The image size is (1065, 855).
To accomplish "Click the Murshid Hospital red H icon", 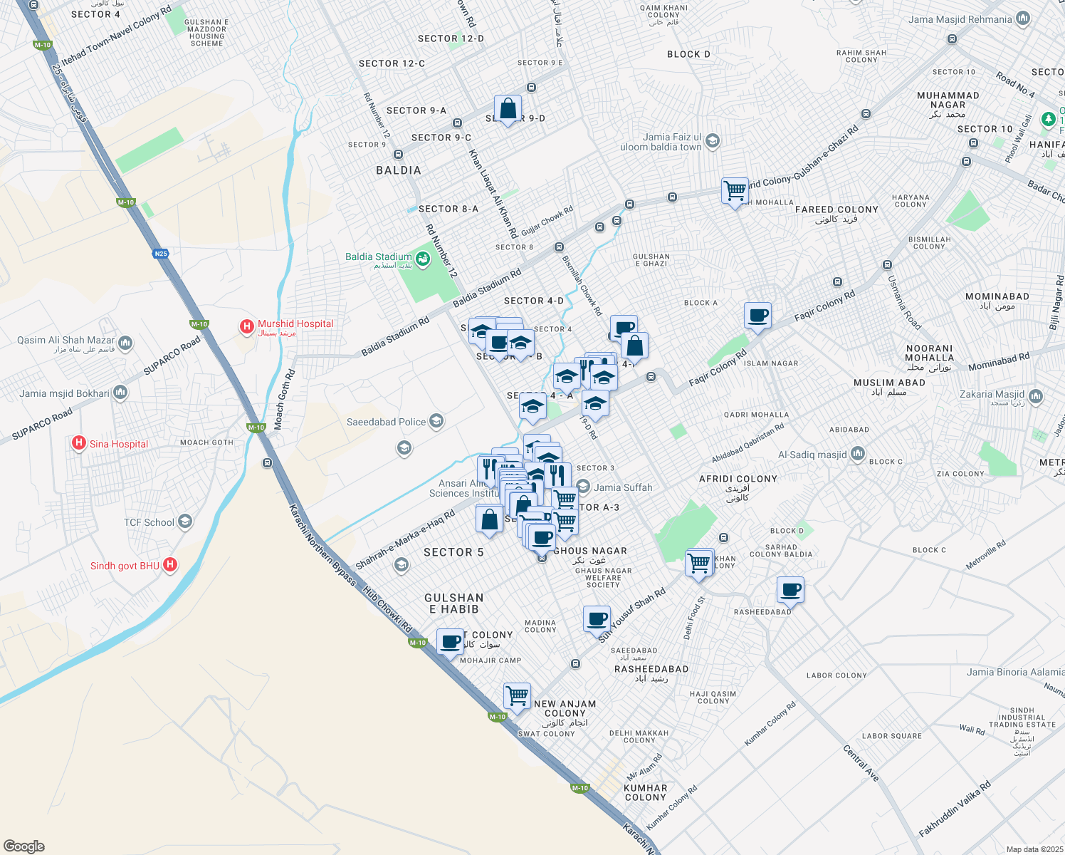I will click(247, 327).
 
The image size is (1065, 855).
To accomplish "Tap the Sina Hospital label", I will click(119, 444).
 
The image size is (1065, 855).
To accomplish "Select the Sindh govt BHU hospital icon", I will click(169, 566).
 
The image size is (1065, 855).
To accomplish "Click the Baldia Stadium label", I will click(378, 257).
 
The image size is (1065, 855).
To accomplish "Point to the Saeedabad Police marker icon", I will click(436, 422).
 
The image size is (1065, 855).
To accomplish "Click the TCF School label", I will click(149, 522).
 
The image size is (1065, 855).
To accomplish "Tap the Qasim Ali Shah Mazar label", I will click(65, 341).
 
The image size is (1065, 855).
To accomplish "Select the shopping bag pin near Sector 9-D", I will click(508, 110).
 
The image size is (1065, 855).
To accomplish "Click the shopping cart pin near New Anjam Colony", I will click(517, 695).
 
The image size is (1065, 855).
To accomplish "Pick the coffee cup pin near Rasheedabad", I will click(790, 590).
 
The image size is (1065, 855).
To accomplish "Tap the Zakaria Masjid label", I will click(992, 394).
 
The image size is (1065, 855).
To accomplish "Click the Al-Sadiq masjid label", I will click(812, 455).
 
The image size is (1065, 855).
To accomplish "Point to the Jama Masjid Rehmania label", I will click(960, 19).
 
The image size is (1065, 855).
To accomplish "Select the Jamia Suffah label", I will click(623, 487).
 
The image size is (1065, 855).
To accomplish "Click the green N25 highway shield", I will click(161, 253).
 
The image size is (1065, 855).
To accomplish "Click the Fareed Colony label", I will click(836, 210).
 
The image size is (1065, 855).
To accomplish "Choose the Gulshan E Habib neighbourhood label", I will click(453, 603).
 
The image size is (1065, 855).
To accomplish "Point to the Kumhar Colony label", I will click(646, 792).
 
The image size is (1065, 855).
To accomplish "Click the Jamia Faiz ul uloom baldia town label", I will click(662, 142).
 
